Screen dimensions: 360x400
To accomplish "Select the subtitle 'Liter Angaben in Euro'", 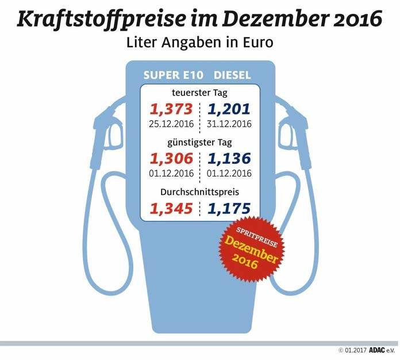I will click(199, 43).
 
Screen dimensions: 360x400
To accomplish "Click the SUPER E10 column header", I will click(171, 76).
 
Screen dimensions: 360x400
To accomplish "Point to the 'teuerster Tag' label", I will click(200, 93).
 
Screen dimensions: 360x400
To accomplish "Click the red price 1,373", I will click(170, 109).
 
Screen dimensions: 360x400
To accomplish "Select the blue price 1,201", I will click(229, 109).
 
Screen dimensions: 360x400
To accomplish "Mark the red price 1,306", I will click(170, 158).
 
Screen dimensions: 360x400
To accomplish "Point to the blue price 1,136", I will click(229, 158).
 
